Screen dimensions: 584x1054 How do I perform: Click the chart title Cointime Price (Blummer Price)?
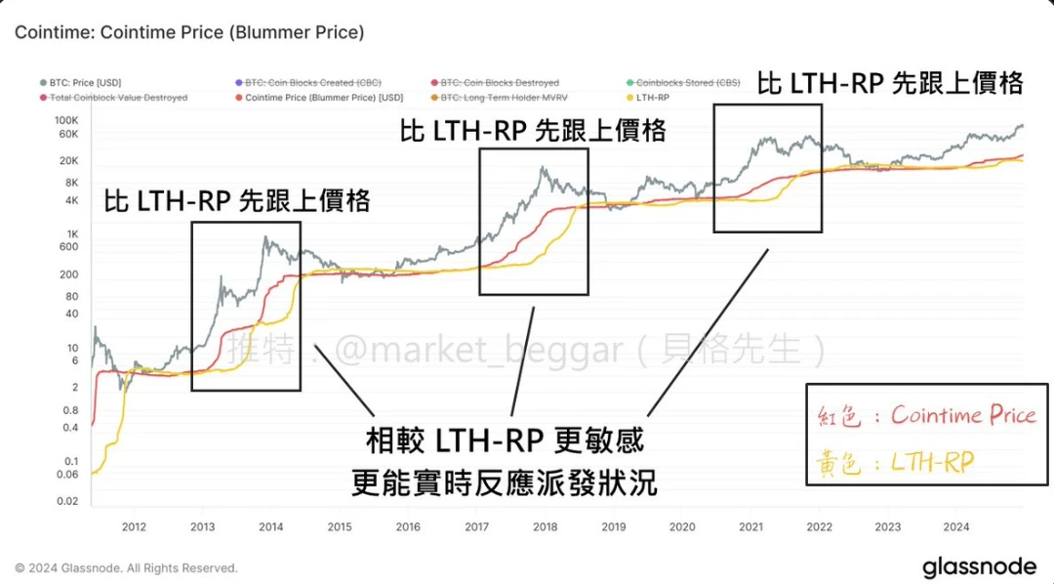(189, 32)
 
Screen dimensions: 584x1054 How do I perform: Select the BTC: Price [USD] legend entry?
(86, 84)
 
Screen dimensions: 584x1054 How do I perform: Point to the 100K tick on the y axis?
(65, 118)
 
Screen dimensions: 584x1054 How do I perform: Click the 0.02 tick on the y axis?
(65, 500)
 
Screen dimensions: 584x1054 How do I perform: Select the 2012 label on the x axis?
(134, 527)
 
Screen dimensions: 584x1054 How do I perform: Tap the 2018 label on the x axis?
(545, 527)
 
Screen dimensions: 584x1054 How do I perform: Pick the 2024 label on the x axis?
(956, 527)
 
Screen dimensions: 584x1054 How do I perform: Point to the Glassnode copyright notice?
(126, 567)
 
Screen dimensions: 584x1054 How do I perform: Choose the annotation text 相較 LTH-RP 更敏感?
(505, 441)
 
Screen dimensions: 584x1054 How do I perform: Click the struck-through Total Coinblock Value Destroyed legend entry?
(118, 98)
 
